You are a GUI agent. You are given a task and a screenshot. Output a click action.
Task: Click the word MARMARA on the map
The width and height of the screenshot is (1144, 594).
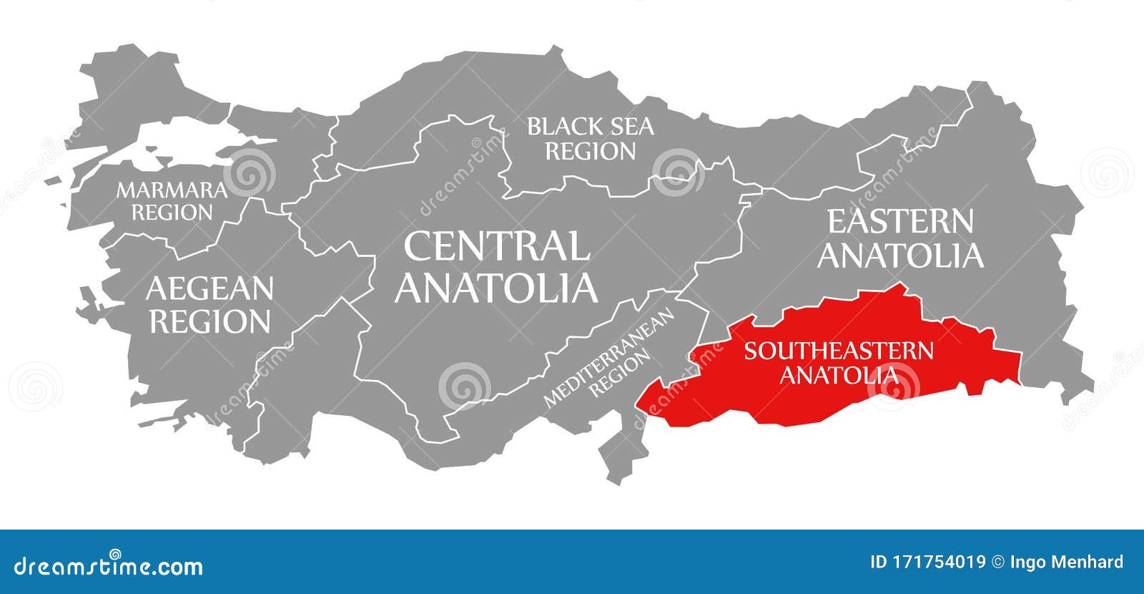(x=172, y=190)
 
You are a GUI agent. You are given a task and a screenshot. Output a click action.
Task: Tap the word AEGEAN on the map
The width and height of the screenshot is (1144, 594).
(x=209, y=289)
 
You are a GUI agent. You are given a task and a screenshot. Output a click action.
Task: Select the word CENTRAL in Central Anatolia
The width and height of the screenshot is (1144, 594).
(x=496, y=246)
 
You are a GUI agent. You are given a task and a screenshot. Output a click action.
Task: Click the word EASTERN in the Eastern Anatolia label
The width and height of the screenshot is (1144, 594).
(x=900, y=222)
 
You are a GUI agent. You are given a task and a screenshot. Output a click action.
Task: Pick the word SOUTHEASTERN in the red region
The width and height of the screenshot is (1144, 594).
(x=839, y=351)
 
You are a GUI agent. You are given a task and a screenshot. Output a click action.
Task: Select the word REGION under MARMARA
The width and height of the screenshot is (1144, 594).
(x=172, y=213)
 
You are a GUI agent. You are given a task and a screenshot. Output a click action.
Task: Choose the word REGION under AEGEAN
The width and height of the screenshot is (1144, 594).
(x=209, y=321)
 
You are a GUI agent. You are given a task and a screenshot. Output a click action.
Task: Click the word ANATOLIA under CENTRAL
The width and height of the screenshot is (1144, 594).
(x=496, y=287)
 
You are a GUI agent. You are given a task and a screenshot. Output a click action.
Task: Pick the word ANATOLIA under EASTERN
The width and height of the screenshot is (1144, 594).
(x=900, y=255)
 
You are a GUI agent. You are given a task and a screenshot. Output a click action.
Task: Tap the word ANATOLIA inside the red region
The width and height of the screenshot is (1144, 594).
(x=839, y=374)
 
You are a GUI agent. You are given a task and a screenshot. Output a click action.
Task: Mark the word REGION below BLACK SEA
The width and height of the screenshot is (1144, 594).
(x=591, y=152)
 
